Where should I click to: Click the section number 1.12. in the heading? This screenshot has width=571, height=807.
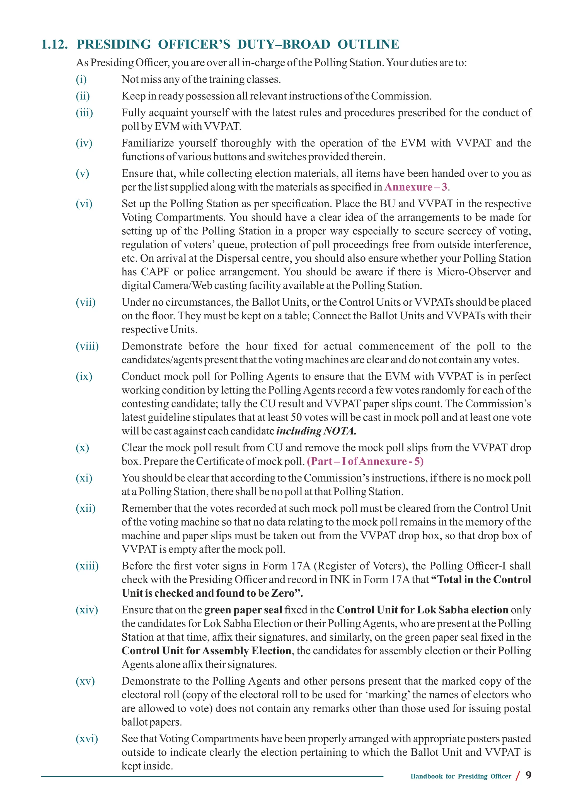[x=54, y=45]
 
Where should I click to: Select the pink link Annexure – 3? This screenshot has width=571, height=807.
[x=416, y=187]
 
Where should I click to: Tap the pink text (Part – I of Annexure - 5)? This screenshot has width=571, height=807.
[x=365, y=461]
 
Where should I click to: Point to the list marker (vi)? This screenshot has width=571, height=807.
[x=84, y=204]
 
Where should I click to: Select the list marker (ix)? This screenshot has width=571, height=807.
[x=84, y=376]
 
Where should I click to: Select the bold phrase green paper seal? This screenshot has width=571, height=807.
[x=243, y=610]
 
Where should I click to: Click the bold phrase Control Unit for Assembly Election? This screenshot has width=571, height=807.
[x=206, y=651]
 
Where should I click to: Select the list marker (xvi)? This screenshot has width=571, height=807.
[x=87, y=739]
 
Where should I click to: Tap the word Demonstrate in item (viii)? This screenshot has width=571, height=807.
[x=152, y=346]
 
